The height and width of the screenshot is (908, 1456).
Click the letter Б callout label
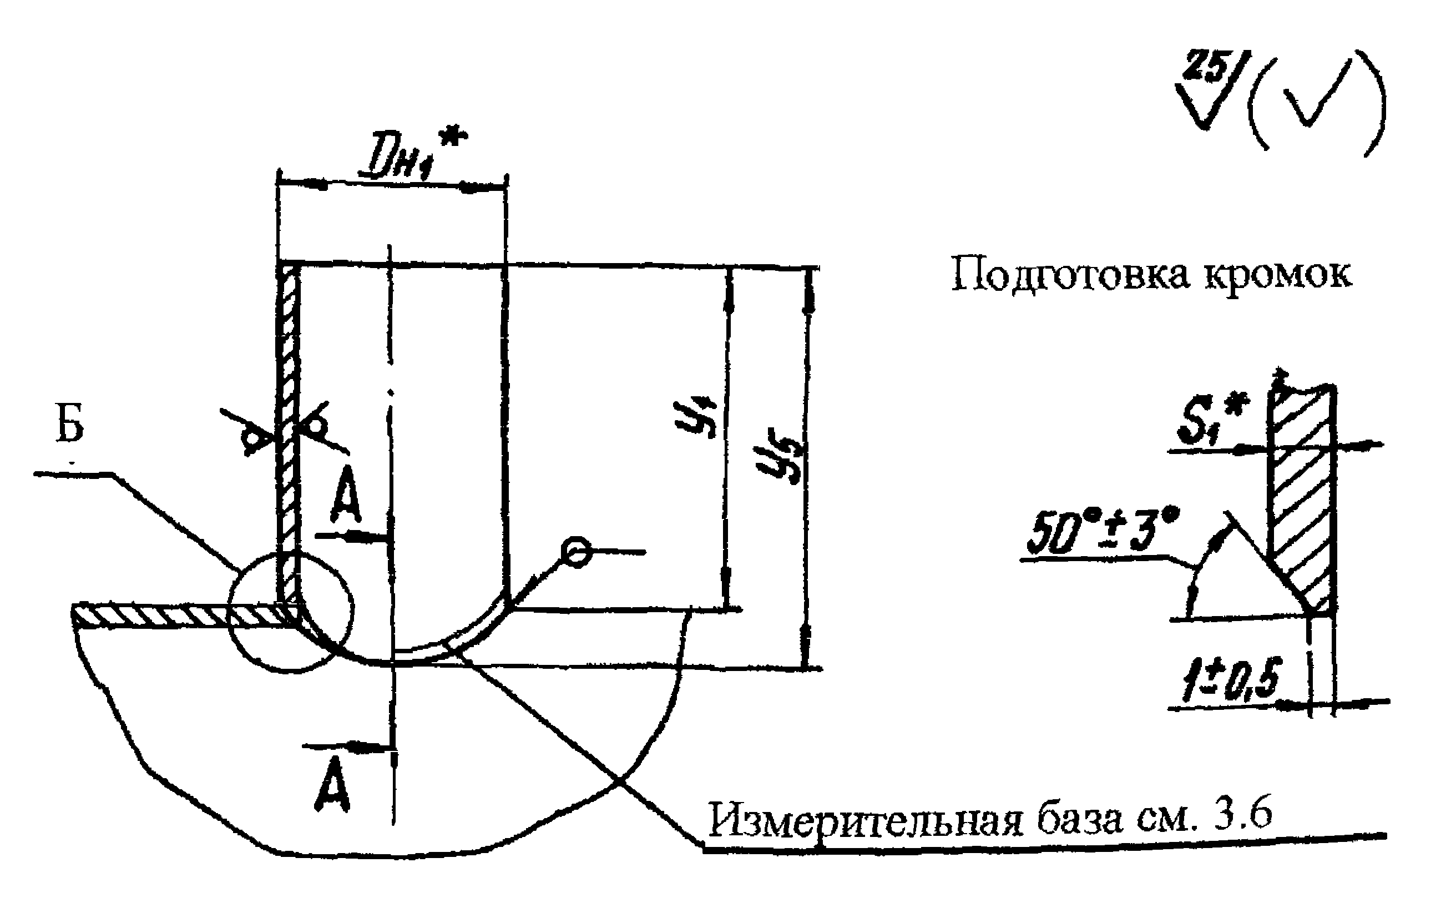coord(70,427)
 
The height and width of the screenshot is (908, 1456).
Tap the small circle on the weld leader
coord(576,552)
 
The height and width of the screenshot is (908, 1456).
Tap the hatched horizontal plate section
coord(180,616)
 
